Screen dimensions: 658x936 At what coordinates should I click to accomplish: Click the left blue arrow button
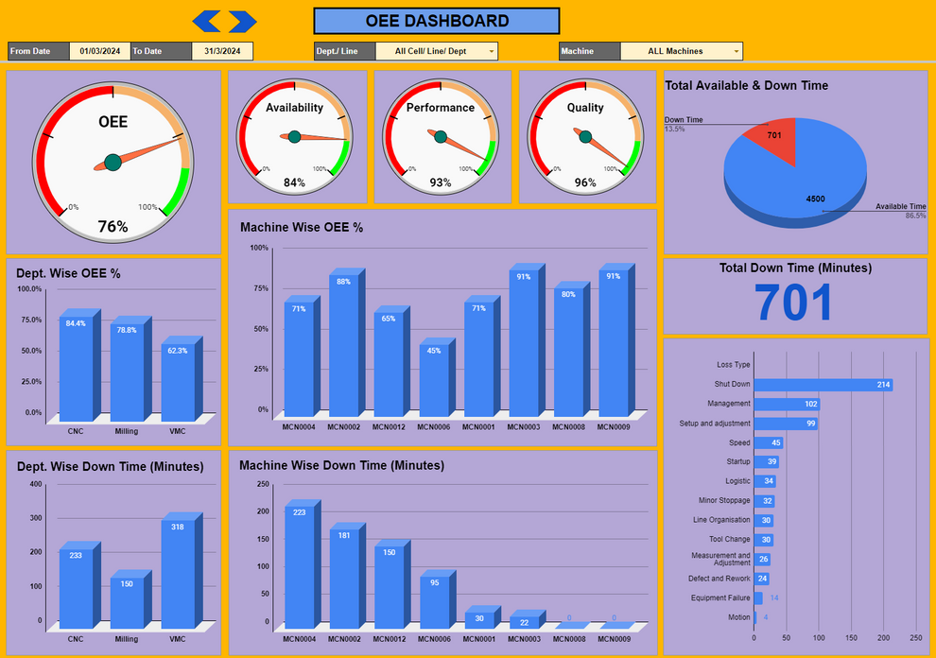click(x=205, y=21)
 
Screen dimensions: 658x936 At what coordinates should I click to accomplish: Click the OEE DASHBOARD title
click(x=436, y=21)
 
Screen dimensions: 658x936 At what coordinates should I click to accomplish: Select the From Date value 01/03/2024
click(x=99, y=51)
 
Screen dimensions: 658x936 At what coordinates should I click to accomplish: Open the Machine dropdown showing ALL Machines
click(x=681, y=51)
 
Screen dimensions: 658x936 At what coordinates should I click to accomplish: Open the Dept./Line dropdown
click(x=436, y=51)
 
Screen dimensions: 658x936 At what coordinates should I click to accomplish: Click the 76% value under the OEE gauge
click(x=113, y=227)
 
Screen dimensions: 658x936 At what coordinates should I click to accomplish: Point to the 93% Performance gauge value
click(x=441, y=182)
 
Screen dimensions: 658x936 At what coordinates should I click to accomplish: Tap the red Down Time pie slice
click(x=770, y=139)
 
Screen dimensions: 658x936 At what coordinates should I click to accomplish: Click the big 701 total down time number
click(x=794, y=303)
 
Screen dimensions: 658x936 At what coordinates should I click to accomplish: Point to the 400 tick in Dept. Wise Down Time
click(x=36, y=485)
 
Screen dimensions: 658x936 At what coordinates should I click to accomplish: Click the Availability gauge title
click(x=294, y=108)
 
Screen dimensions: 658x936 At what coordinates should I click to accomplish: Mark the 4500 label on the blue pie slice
click(x=814, y=199)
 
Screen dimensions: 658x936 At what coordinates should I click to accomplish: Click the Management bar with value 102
click(x=785, y=404)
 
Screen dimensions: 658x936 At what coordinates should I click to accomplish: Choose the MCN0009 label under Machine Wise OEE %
click(x=613, y=426)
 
